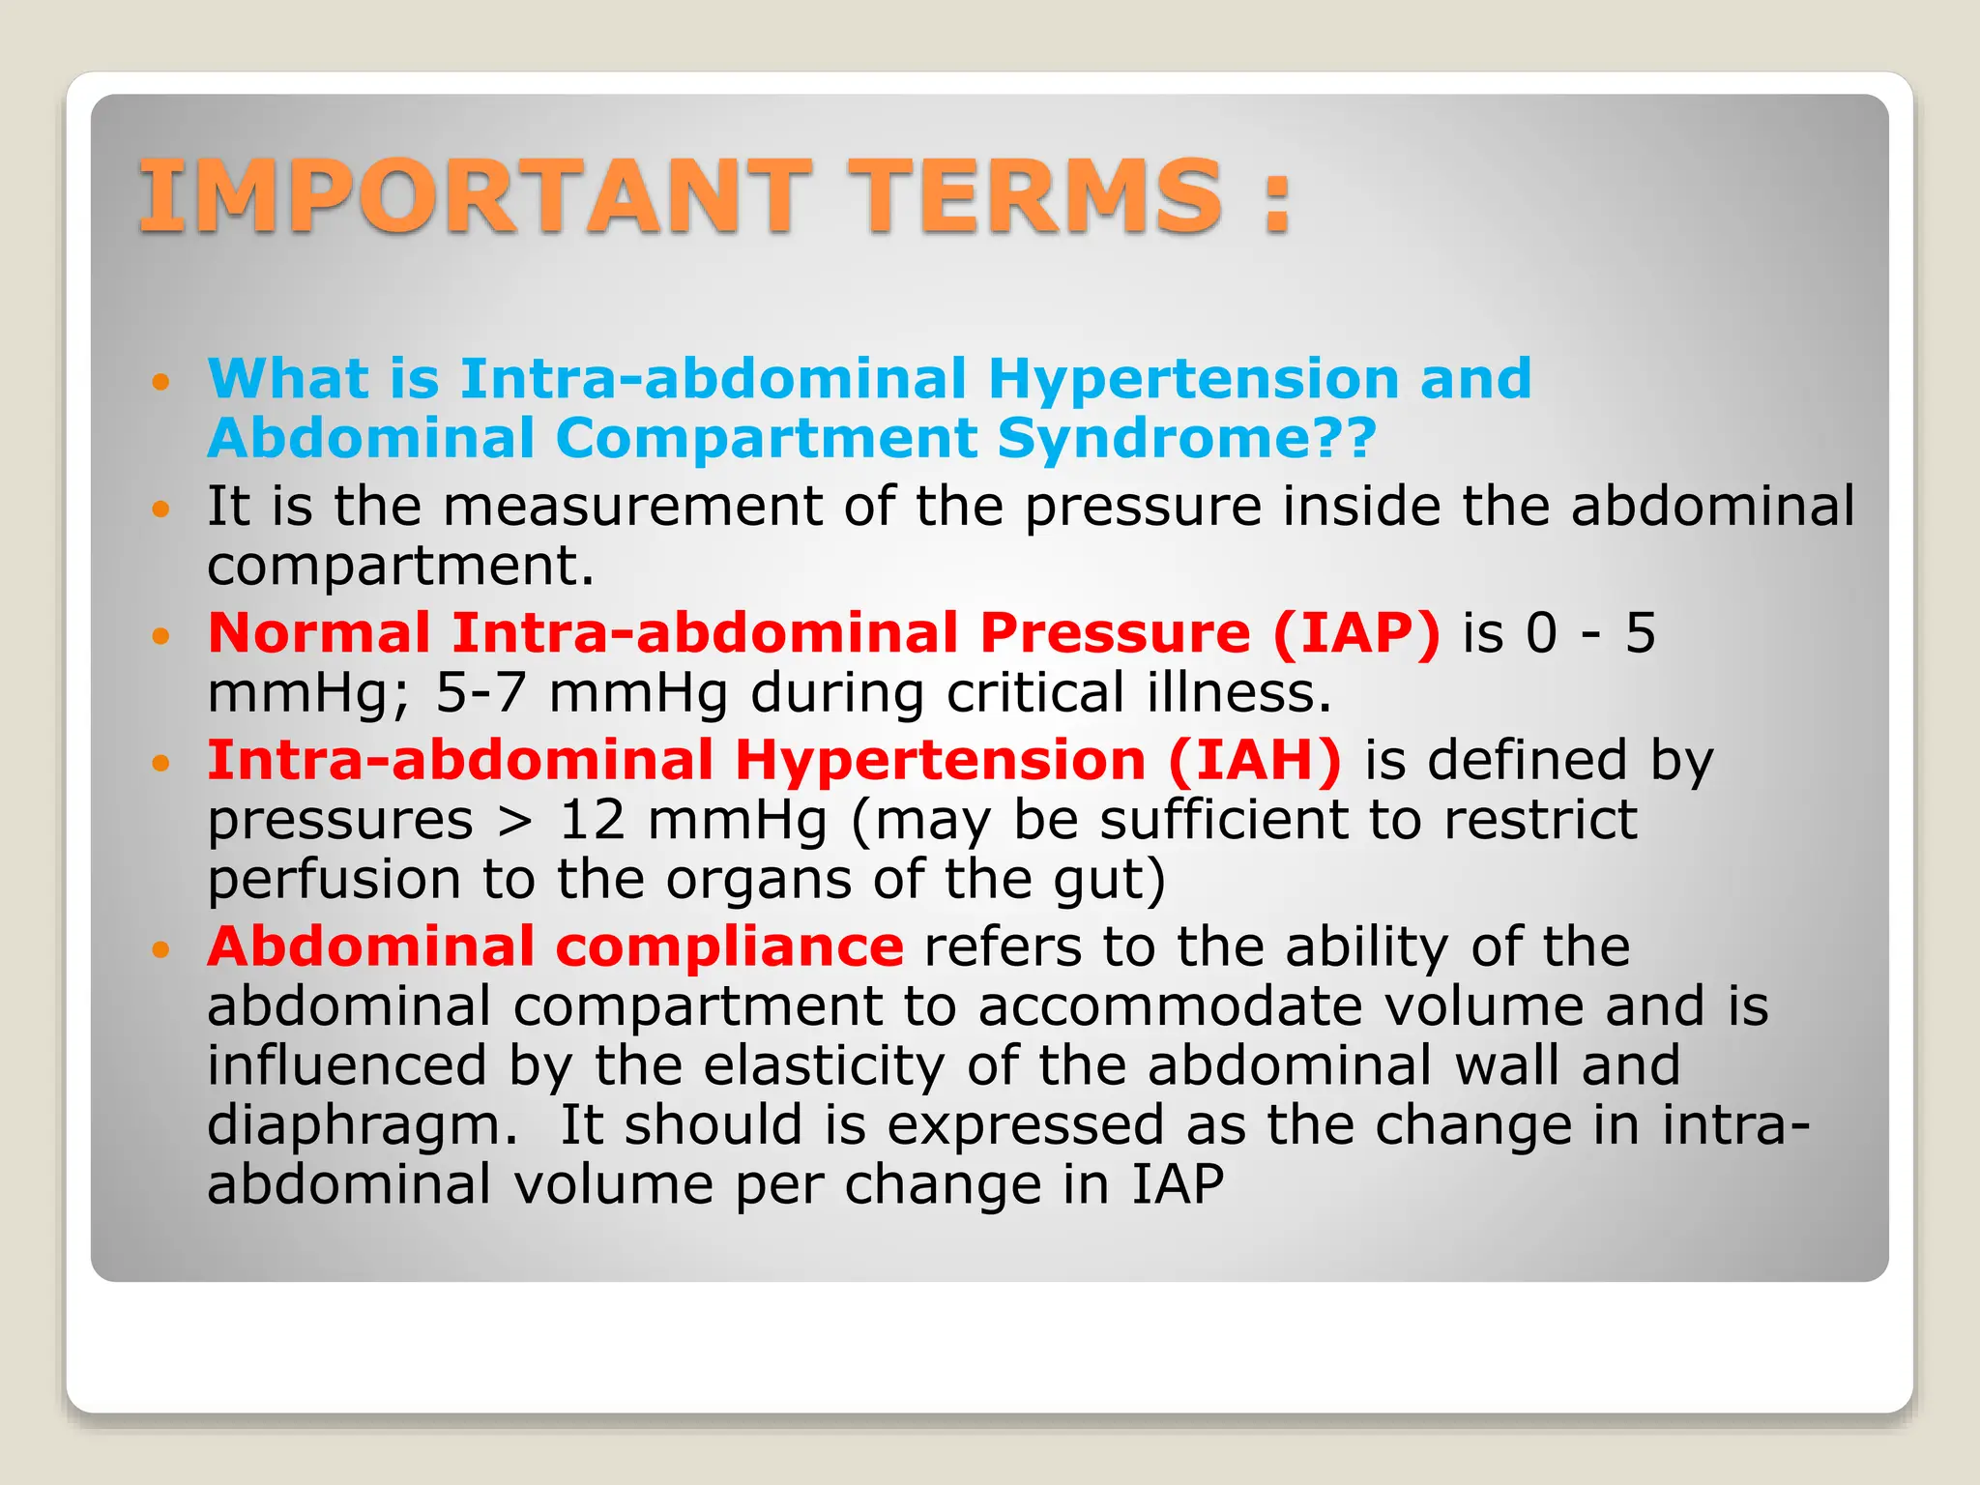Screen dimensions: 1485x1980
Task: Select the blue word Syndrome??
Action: (x=1186, y=438)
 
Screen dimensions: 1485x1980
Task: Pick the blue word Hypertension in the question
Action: (x=1192, y=378)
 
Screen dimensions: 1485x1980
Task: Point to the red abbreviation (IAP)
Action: (x=1356, y=633)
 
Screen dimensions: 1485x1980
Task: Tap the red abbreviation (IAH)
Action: (x=1255, y=760)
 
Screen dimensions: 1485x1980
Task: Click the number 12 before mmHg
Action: (x=592, y=820)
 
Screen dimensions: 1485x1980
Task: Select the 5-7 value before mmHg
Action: (x=481, y=693)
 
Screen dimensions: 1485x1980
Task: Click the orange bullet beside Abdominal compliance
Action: (x=160, y=949)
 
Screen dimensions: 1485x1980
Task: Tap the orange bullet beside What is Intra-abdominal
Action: (x=160, y=381)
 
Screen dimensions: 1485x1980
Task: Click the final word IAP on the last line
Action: (x=1178, y=1184)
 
